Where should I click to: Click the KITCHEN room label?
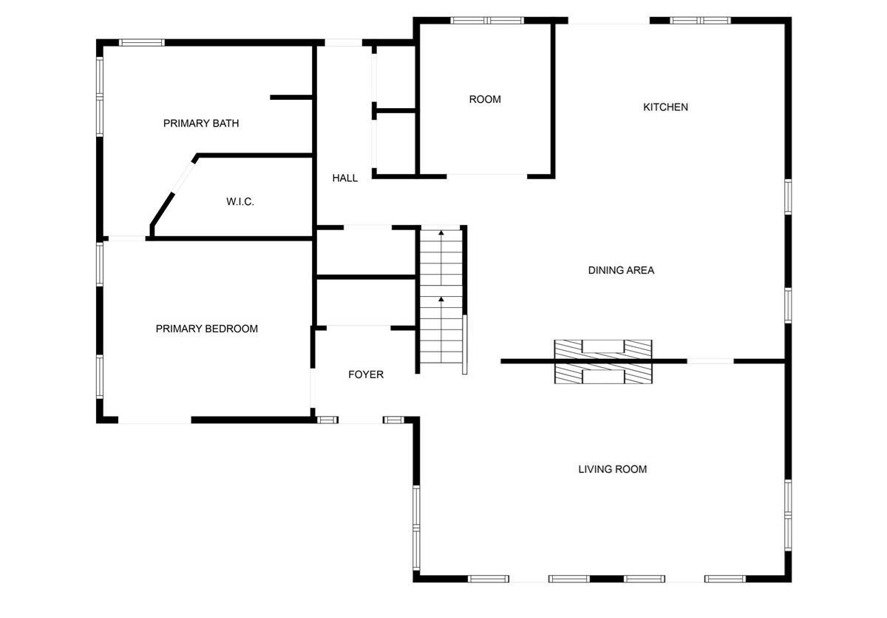click(665, 107)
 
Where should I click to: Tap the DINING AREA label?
click(621, 270)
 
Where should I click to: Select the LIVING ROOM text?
click(612, 469)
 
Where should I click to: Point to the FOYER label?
click(366, 375)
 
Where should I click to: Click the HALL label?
click(344, 178)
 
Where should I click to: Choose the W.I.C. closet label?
click(239, 201)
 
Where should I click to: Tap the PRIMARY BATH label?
click(201, 124)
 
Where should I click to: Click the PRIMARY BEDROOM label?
click(206, 329)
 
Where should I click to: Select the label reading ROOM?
click(485, 99)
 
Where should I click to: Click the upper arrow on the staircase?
click(441, 234)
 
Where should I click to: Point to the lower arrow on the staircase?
click(441, 300)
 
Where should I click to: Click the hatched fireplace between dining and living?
click(603, 362)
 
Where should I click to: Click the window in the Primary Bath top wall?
click(142, 42)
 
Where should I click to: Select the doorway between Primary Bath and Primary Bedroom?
click(126, 238)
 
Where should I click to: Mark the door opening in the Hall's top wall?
click(344, 42)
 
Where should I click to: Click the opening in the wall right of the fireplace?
click(710, 361)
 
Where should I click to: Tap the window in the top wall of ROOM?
click(487, 20)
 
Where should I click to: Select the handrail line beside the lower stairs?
click(465, 344)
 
